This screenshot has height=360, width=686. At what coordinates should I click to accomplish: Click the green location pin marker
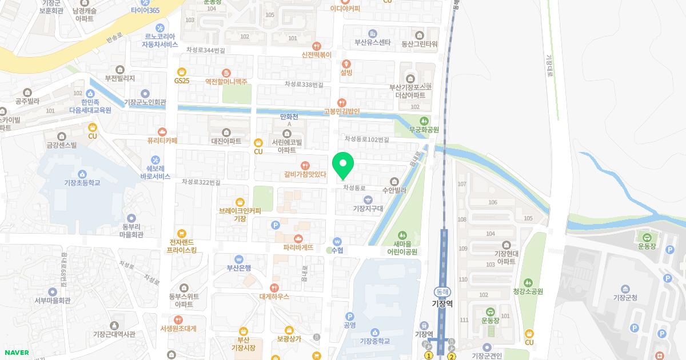[x=343, y=166]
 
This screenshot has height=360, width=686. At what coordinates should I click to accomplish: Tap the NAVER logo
[x=17, y=353]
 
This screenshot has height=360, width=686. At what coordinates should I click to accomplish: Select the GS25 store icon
[x=182, y=72]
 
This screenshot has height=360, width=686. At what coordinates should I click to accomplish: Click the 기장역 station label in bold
[x=442, y=304]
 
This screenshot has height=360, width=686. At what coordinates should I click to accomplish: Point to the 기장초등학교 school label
[x=82, y=183]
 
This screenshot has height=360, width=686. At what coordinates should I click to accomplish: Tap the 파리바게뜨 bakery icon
[x=298, y=238]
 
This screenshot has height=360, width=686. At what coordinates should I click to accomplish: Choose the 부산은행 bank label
[x=239, y=267]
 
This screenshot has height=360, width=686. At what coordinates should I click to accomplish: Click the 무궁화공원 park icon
[x=424, y=121]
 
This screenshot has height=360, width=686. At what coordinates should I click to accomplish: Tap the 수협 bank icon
[x=337, y=241]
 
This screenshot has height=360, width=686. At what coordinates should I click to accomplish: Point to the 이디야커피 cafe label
[x=345, y=9]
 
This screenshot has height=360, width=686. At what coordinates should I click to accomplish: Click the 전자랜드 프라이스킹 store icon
[x=182, y=233]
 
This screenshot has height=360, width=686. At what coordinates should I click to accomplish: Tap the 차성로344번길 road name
[x=205, y=51]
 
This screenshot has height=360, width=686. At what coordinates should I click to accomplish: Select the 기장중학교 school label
[x=375, y=341]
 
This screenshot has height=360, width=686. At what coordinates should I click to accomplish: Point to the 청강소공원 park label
[x=528, y=291]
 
